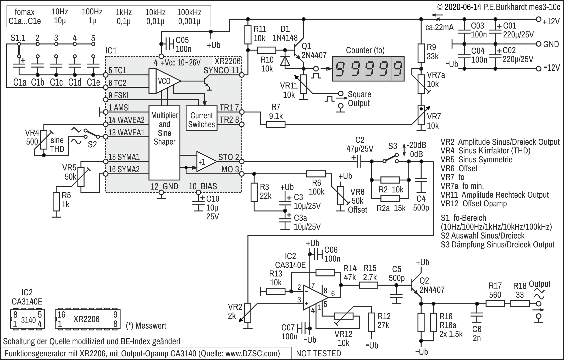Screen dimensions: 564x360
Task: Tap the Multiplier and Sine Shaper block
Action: click(x=164, y=143)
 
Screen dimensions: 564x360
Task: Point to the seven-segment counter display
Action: click(x=368, y=69)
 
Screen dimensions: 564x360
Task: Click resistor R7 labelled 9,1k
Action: click(x=276, y=124)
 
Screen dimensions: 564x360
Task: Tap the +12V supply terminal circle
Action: click(x=539, y=19)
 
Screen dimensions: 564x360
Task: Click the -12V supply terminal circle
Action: click(x=539, y=69)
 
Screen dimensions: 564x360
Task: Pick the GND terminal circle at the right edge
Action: click(x=539, y=44)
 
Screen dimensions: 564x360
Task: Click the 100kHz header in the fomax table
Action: click(x=189, y=12)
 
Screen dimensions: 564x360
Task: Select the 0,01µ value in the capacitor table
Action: click(x=155, y=21)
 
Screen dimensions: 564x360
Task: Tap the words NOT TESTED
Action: click(x=319, y=353)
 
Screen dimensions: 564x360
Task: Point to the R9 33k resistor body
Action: click(x=421, y=53)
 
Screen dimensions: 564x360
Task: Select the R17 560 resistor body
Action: click(x=495, y=304)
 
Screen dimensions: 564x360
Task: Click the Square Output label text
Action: click(x=359, y=99)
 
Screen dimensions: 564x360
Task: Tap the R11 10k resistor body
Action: click(x=248, y=34)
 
